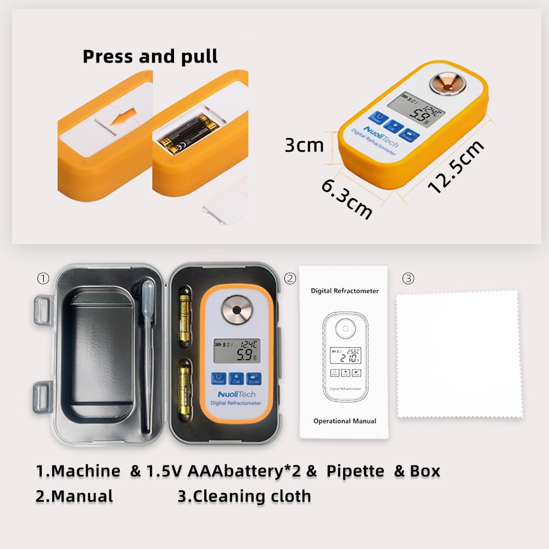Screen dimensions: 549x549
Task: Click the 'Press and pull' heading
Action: point(150,56)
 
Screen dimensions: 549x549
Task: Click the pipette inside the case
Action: point(147,351)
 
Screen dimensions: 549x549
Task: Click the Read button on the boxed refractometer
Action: point(219,378)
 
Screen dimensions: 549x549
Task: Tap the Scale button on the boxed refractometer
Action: point(254,378)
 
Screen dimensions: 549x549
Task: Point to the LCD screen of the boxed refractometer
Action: point(237,350)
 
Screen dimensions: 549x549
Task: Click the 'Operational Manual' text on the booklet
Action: point(345,421)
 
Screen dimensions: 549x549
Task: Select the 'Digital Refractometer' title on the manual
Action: point(345,290)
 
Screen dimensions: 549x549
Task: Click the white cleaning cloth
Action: point(460,355)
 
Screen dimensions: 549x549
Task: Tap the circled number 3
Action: point(407,278)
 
